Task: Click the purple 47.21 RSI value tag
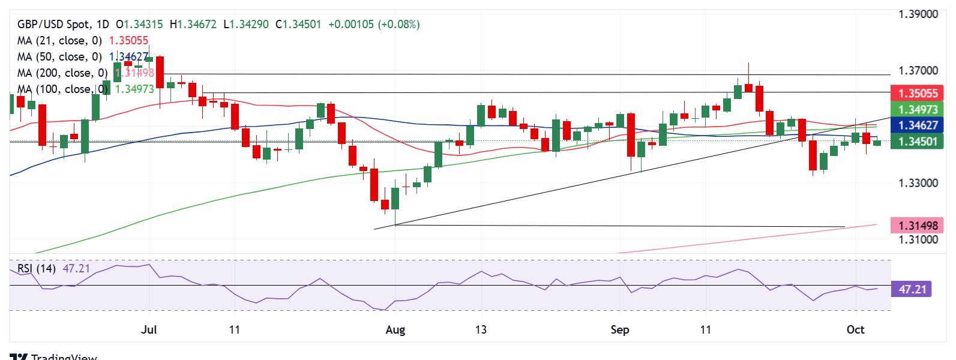coord(912,289)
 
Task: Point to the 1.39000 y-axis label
coord(918,14)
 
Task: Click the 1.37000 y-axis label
coord(918,71)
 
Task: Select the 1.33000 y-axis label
coord(918,183)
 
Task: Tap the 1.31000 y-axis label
coord(918,239)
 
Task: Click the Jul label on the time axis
coord(149,329)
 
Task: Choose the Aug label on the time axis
coord(395,329)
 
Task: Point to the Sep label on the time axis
coord(620,329)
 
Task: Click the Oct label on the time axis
coord(855,329)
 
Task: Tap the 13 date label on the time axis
coord(481,329)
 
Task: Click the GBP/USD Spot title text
coord(55,25)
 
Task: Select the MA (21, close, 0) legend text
coord(59,41)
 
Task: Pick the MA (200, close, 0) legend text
coord(62,73)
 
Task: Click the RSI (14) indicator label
coord(36,268)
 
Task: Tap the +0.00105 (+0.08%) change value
coord(374,25)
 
